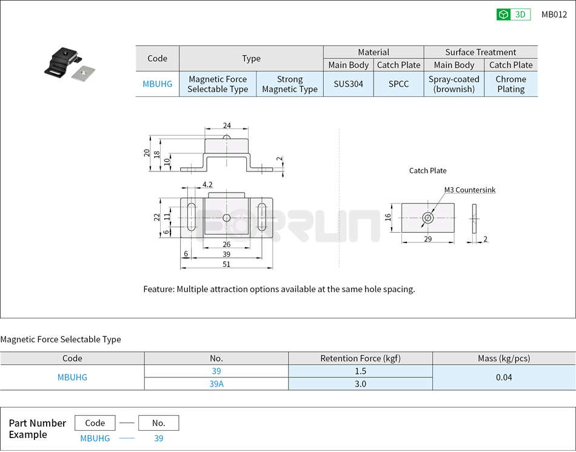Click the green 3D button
coord(513,15)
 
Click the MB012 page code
coord(554,15)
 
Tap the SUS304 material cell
coord(348,84)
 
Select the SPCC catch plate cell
coord(398,84)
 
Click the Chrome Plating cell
coord(511,84)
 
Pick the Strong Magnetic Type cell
coord(289,84)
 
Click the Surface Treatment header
coord(480,52)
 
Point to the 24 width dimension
coord(227,126)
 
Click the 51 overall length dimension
coord(226,264)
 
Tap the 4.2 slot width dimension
coord(207,184)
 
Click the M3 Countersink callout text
coord(469,190)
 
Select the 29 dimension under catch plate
coord(427,240)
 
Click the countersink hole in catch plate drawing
coord(428,218)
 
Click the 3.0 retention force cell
coord(360,384)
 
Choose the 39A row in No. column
coord(216,384)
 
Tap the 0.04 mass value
coord(503,377)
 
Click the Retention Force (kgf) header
coord(360,358)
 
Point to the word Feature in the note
coord(158,289)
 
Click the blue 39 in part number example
coord(158,438)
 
